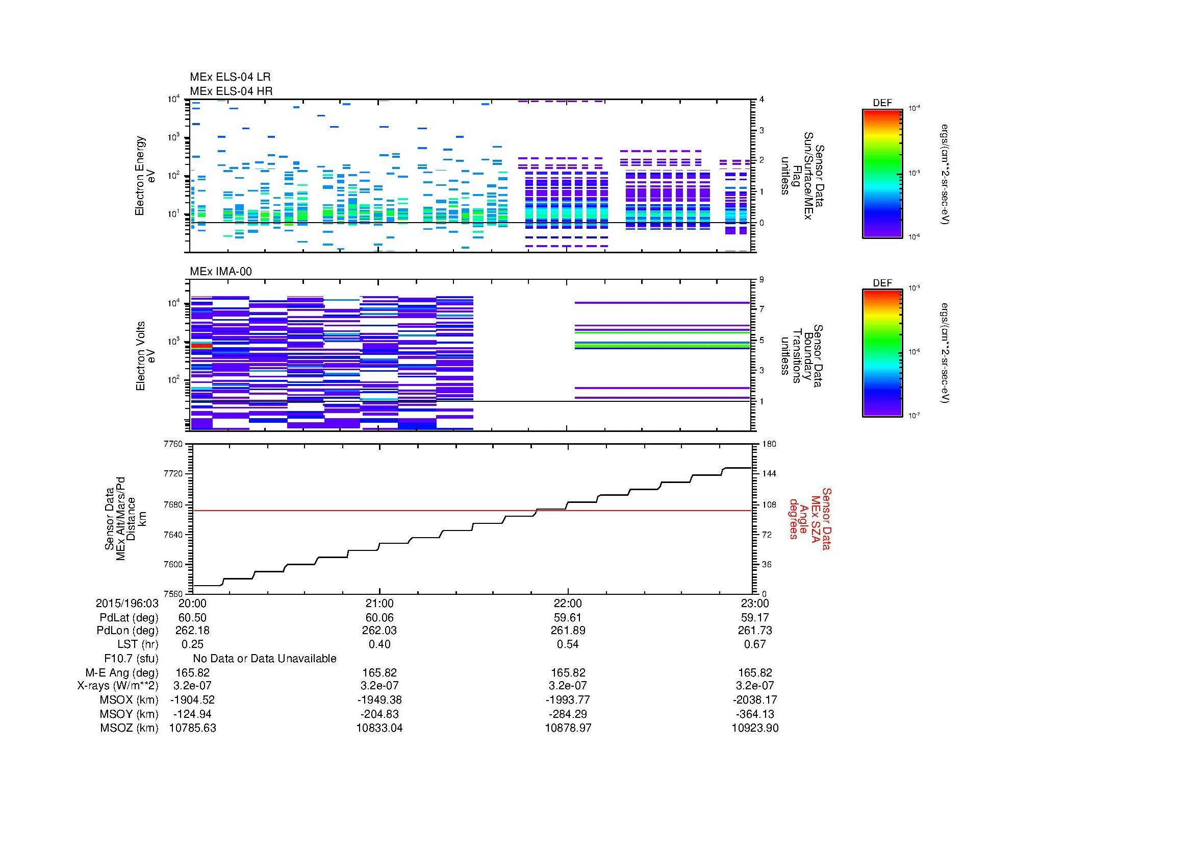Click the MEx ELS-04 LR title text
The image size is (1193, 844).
[230, 77]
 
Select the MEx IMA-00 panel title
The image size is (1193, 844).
[221, 272]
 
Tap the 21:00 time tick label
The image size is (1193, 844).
[379, 603]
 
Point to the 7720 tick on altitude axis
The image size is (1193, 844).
[172, 474]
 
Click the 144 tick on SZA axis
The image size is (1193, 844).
[769, 474]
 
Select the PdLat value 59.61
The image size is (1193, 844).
[567, 618]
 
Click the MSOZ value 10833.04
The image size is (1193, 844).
[379, 728]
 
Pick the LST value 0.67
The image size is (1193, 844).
[754, 644]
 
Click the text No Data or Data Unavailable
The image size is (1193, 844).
[265, 659]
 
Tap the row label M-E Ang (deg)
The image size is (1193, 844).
[121, 672]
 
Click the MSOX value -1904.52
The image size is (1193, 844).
[192, 700]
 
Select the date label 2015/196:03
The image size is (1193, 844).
[127, 603]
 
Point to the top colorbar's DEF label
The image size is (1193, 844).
[882, 103]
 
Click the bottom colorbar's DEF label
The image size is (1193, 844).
[882, 283]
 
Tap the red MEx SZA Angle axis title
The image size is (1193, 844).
[809, 518]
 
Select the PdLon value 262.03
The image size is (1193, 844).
[379, 630]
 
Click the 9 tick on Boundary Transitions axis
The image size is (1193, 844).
[762, 280]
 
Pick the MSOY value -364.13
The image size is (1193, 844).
[754, 714]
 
